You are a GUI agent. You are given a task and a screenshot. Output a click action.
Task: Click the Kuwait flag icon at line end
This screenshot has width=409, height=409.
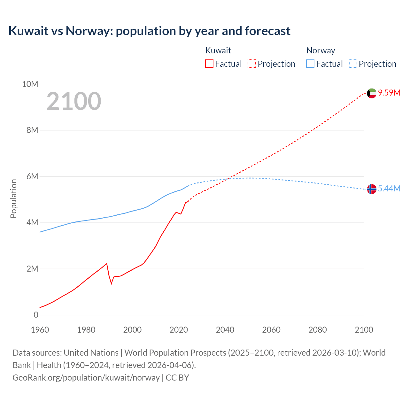tap(372, 93)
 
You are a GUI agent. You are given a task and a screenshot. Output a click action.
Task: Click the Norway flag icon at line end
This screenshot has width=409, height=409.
tap(372, 189)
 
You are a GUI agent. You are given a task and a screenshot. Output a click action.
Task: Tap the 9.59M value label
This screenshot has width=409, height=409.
tap(389, 93)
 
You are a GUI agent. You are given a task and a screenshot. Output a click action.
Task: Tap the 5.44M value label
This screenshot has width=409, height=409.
tap(389, 189)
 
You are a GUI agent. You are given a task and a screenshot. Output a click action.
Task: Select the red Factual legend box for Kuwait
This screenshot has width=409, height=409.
tap(209, 64)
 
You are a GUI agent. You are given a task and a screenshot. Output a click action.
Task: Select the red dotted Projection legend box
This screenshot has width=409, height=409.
tap(252, 64)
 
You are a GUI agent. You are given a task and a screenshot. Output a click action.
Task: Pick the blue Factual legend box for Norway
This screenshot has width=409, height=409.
tap(310, 64)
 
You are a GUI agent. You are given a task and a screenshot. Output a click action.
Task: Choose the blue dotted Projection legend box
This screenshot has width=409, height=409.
tap(353, 64)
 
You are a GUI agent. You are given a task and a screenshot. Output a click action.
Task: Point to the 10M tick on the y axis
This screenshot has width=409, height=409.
tap(30, 84)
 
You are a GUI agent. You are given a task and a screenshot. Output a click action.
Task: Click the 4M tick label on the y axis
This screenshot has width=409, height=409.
tap(32, 222)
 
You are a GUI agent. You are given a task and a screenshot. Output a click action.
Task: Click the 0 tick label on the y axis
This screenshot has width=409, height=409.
tap(36, 315)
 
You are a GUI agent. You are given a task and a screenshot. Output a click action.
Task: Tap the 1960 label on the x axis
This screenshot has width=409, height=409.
tap(40, 330)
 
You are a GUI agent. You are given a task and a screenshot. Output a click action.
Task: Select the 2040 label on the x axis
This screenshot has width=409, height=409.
tap(225, 330)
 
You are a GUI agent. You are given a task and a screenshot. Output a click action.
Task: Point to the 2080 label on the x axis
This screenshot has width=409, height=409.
tap(318, 330)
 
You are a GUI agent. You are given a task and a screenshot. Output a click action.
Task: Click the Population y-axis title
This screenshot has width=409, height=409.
tap(13, 198)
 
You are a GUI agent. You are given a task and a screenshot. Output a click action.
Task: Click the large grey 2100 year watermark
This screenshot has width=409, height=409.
tap(74, 101)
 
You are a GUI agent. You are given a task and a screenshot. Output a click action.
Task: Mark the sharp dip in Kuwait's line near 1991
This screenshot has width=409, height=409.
tap(112, 283)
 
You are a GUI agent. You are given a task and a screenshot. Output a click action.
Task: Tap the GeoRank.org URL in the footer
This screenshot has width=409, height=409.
tap(86, 377)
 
